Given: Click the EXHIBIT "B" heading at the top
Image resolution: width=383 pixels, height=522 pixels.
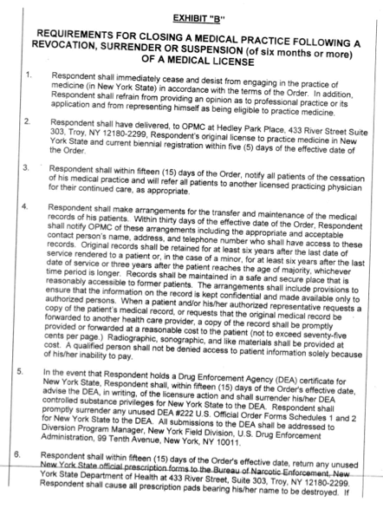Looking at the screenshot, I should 205,16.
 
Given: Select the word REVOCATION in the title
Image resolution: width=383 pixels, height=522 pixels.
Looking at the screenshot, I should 69,55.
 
